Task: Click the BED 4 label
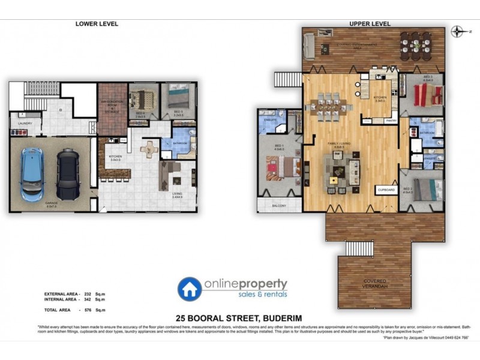[x=140, y=113]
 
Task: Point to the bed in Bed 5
[x=178, y=97]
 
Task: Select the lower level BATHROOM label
[x=182, y=143]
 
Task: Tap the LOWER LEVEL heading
[x=96, y=24]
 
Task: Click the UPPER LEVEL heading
[x=370, y=24]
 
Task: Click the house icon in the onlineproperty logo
[x=190, y=288]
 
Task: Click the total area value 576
[x=86, y=309]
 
